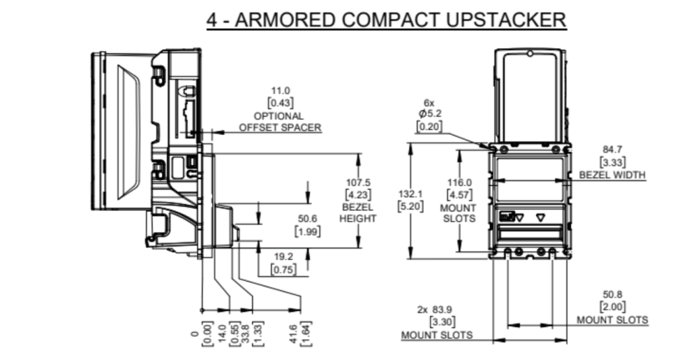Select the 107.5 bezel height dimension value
coord(358,183)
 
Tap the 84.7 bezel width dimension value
coord(612,149)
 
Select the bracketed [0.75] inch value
coord(283,269)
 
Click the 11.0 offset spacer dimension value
coord(280,91)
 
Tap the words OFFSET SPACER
coord(279,127)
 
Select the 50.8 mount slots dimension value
coord(612,295)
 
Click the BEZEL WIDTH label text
coord(612,175)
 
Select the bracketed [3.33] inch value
coord(612,161)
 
